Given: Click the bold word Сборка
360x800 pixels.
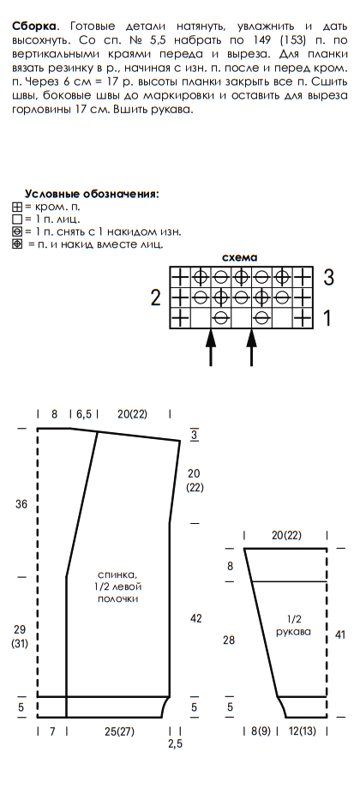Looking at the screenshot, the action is point(34,26).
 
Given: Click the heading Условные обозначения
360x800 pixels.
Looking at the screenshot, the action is point(92,195).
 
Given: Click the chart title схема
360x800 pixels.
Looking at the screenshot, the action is point(240,257).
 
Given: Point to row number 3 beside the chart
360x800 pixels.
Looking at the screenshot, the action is point(329,277).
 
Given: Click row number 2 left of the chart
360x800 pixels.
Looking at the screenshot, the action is point(155,298).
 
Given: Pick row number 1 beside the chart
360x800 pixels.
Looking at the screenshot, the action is point(327,318).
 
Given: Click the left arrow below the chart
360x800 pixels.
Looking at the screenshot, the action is point(211,348).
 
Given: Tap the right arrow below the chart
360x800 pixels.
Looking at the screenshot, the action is point(251,348).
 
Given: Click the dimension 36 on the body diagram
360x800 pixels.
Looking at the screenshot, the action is point(21,504).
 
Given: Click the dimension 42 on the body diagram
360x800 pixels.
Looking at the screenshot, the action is point(195,618).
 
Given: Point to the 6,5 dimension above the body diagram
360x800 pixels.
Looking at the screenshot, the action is point(84,414).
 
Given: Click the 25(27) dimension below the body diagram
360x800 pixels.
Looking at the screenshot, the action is point(119,731).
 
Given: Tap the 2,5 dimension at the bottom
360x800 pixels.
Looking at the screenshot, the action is point(175,744).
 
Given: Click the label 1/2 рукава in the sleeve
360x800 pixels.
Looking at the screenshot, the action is point(293,625).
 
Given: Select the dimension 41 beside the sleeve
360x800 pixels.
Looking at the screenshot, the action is point(340,635).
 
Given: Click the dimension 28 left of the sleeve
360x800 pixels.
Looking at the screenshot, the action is point(229,640).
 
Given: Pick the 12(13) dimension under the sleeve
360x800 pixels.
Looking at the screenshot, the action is point(301,731).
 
